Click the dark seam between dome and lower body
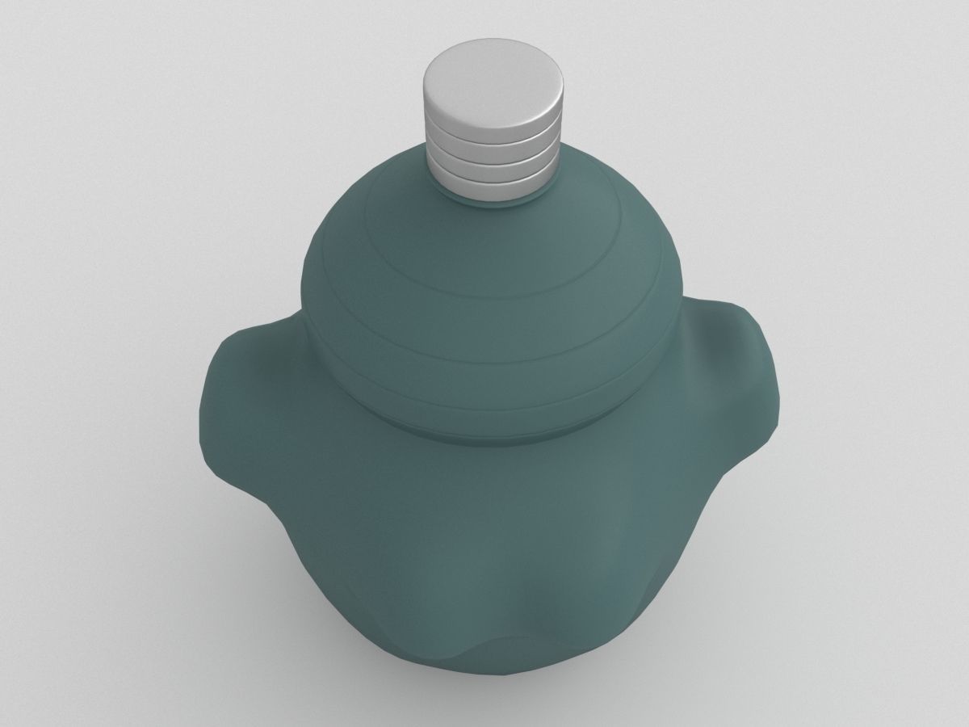pyautogui.click(x=493, y=437)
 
